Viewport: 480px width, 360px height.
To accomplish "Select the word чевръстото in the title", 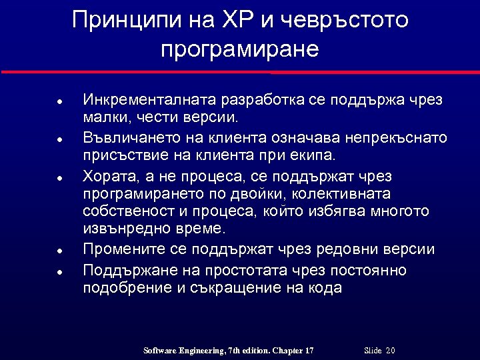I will (x=344, y=20).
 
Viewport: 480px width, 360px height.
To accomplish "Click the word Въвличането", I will (x=128, y=138).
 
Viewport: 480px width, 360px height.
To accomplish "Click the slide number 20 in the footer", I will (x=390, y=351).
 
